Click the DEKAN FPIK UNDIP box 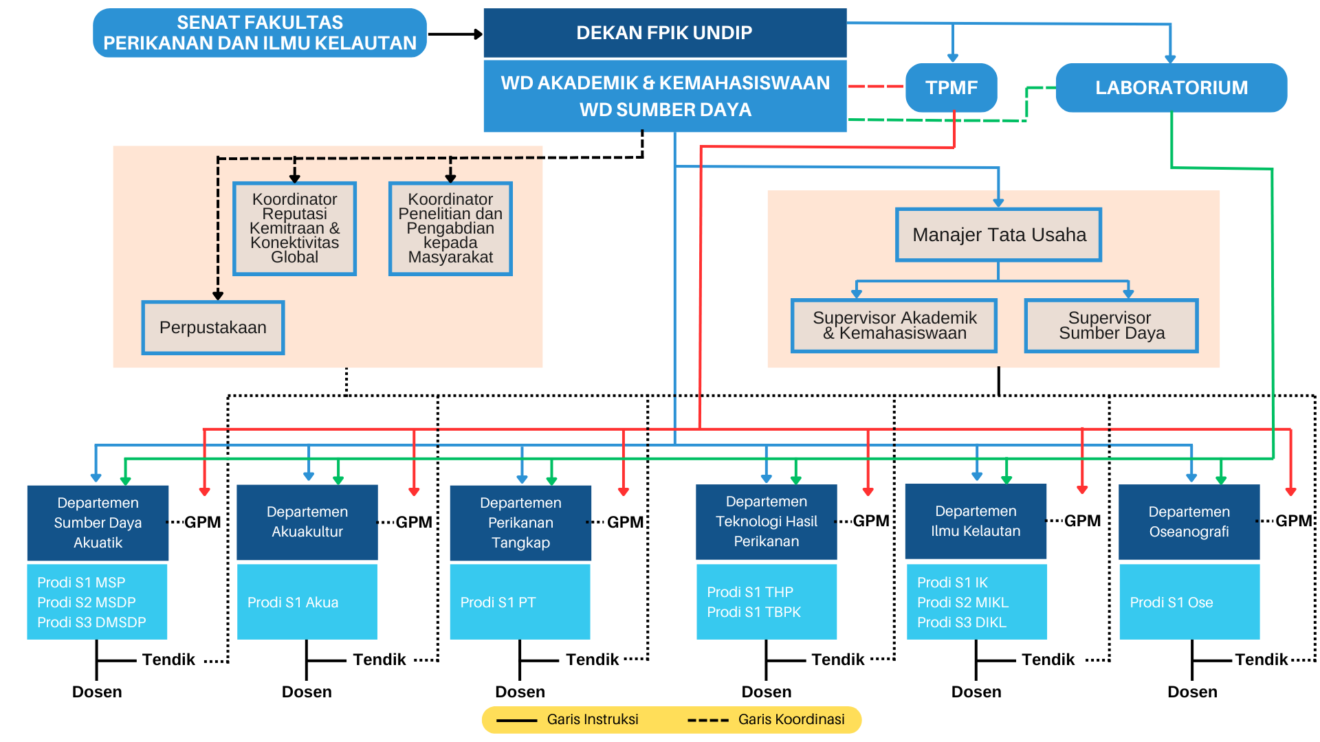(x=664, y=32)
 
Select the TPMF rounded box (x=951, y=87)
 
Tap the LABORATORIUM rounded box (x=1171, y=87)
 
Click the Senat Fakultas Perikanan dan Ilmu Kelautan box (x=260, y=33)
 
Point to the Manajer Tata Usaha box (x=998, y=235)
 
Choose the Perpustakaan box (x=213, y=328)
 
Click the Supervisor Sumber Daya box (x=1111, y=326)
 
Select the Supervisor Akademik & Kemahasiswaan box (x=894, y=326)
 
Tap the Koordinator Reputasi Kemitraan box (x=294, y=228)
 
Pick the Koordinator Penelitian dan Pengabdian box (x=450, y=228)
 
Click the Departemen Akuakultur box (x=307, y=521)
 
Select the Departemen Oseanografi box (x=1189, y=521)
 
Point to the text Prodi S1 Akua (x=293, y=603)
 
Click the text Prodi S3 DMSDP (x=91, y=622)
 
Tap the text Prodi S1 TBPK (x=753, y=612)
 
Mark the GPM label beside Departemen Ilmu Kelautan (x=1082, y=521)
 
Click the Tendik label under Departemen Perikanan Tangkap (x=592, y=660)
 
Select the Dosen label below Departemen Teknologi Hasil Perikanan (x=766, y=692)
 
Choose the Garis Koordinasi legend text (x=791, y=719)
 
